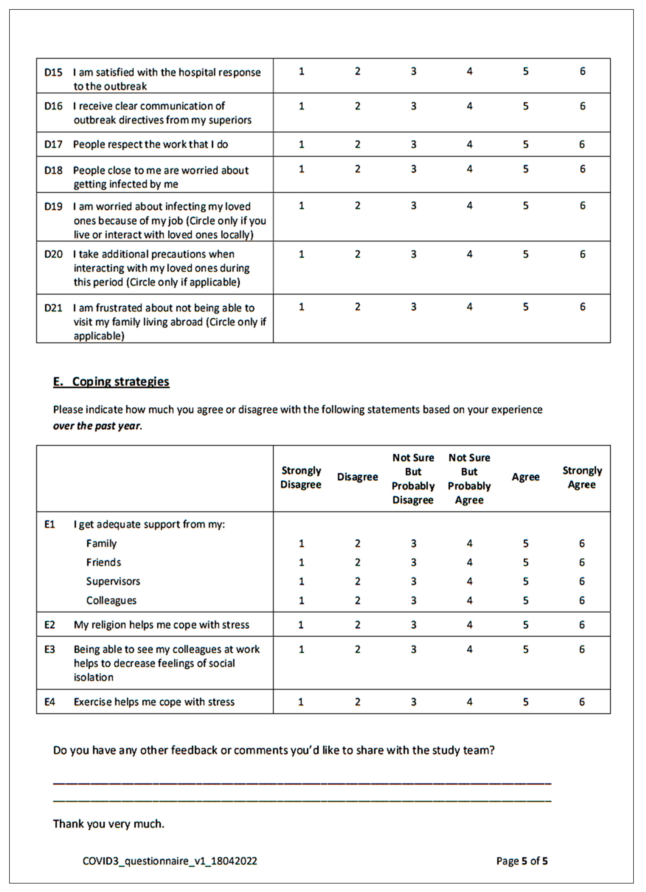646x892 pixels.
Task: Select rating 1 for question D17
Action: (301, 144)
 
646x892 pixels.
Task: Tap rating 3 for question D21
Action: (414, 307)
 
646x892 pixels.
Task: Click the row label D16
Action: (53, 106)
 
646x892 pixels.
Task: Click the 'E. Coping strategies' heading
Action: (111, 381)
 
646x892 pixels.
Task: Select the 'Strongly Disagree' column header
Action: (301, 477)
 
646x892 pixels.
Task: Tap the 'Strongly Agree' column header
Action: (582, 477)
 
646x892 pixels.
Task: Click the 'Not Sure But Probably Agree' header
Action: (469, 479)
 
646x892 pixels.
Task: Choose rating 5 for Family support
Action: (526, 543)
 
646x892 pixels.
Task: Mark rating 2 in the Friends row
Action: (357, 562)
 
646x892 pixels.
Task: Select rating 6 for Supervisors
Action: (582, 581)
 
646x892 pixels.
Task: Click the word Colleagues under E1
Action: (111, 601)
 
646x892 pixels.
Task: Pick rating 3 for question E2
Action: (414, 625)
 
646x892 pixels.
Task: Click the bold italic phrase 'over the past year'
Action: (97, 426)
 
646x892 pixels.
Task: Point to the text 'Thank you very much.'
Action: (109, 824)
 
